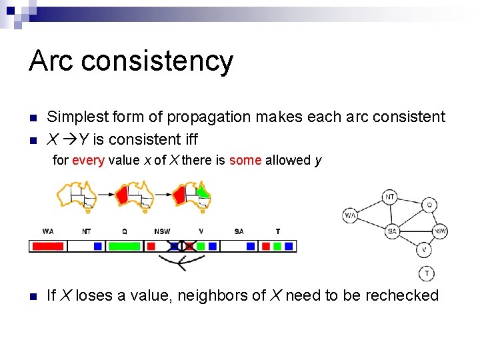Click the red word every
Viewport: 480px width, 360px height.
88,160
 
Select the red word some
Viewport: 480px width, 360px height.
245,160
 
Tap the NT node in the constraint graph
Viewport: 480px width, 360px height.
391,197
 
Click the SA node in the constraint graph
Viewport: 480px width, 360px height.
393,231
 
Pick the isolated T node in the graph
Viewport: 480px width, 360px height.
427,273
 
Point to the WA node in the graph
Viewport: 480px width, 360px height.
351,215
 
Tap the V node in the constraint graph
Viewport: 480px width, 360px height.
425,250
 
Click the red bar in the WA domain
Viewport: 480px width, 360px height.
48,246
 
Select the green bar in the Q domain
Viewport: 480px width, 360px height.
124,246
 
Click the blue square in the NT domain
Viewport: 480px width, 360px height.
98,246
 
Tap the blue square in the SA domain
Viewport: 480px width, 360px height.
251,246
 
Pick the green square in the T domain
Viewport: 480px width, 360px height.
277,246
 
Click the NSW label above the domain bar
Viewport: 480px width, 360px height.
162,231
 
